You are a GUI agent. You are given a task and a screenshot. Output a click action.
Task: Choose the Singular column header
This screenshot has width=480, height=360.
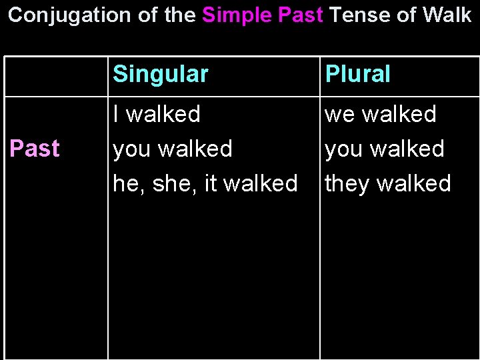tap(161, 74)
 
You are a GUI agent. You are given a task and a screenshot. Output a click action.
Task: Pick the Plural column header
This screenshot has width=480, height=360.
tap(357, 74)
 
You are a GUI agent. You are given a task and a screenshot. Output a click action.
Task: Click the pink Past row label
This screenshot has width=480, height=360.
tap(34, 149)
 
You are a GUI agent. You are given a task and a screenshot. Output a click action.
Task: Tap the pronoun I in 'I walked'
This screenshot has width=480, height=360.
tap(117, 114)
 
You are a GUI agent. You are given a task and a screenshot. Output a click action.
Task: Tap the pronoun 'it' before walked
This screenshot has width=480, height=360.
tap(211, 183)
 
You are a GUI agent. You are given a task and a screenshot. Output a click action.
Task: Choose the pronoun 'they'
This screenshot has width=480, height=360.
tap(347, 183)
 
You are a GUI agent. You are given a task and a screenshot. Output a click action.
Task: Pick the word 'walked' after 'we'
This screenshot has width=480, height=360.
tap(399, 114)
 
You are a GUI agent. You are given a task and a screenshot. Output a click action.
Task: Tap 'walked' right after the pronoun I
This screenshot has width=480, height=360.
tap(163, 114)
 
